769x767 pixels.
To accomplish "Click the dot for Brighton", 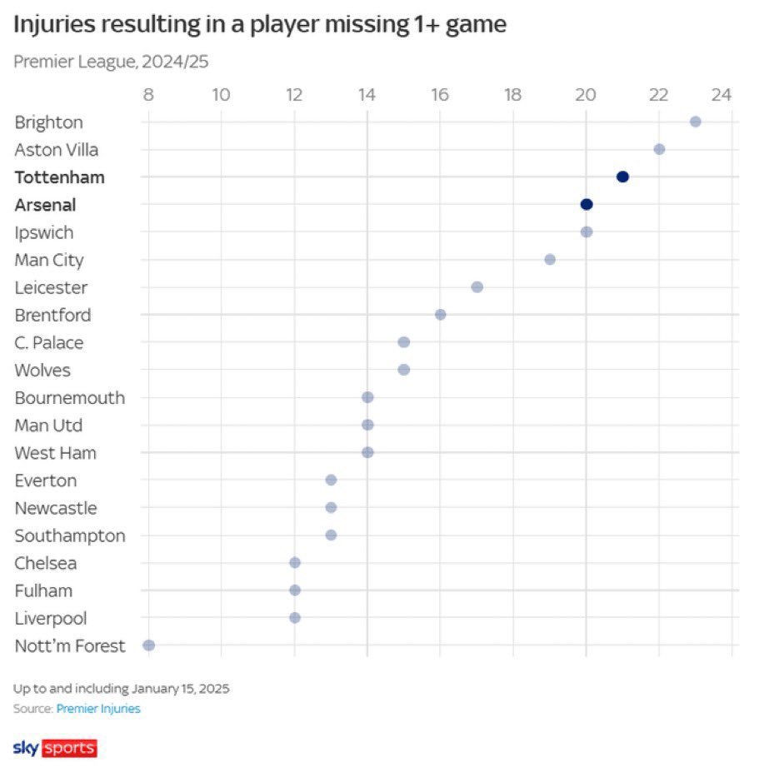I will pyautogui.click(x=696, y=122).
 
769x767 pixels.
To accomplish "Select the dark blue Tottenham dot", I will pyautogui.click(x=622, y=177).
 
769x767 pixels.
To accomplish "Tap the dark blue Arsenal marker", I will pyautogui.click(x=587, y=204).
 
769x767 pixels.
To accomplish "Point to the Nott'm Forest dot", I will pyautogui.click(x=149, y=645).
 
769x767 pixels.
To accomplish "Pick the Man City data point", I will pyautogui.click(x=550, y=259).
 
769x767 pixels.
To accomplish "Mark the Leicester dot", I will pyautogui.click(x=477, y=287).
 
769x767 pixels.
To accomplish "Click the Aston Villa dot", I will pyautogui.click(x=659, y=149).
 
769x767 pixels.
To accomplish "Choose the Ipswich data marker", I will pyautogui.click(x=587, y=232).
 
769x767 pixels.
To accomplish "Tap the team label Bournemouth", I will pyautogui.click(x=69, y=397).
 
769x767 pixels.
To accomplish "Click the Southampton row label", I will pyautogui.click(x=70, y=535).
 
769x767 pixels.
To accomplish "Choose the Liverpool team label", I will pyautogui.click(x=51, y=618).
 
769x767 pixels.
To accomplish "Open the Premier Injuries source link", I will pyautogui.click(x=98, y=709).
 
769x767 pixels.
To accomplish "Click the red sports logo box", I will pyautogui.click(x=69, y=747).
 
